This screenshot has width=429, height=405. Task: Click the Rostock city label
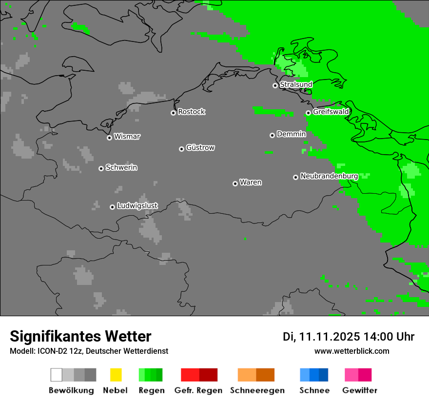(192, 112)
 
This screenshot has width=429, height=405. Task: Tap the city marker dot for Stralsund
(275, 85)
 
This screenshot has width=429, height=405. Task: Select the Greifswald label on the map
(331, 112)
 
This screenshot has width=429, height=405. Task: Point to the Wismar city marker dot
(109, 138)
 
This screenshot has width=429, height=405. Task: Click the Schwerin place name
(121, 167)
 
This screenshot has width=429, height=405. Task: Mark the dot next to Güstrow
(181, 149)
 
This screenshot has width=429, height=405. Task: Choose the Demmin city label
(291, 134)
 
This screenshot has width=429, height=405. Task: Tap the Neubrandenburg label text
(329, 176)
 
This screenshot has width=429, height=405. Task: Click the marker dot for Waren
(235, 183)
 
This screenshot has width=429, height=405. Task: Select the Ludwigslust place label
(137, 205)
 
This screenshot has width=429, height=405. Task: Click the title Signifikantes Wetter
(80, 337)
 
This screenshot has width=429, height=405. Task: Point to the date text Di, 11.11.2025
(321, 337)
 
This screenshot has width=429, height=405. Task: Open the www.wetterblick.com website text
(351, 351)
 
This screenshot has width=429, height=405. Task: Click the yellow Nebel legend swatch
(116, 375)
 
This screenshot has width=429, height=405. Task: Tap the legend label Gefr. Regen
(198, 390)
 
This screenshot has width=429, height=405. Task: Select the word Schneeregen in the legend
(257, 390)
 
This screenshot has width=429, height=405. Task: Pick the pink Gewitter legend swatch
(351, 375)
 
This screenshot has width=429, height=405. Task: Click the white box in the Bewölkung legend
(56, 375)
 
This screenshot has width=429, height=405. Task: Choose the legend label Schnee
(314, 390)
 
